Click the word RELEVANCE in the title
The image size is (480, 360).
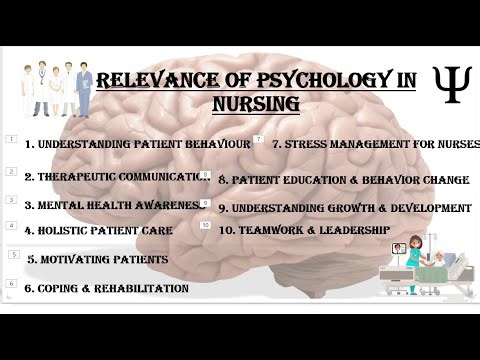tap(155, 81)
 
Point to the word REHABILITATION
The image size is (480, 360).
tap(142, 288)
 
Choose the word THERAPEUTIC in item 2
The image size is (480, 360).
tap(66, 175)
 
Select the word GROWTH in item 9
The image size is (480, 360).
tap(353, 209)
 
